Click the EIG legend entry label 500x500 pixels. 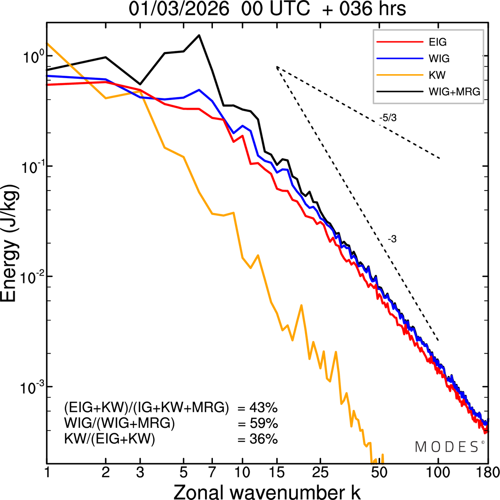click(x=437, y=42)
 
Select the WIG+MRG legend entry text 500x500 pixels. click(x=454, y=92)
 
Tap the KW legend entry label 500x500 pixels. click(x=437, y=75)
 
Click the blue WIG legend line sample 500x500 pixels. click(x=400, y=59)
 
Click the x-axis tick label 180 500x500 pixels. click(x=487, y=472)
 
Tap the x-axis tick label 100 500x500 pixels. click(x=438, y=472)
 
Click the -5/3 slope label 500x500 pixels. click(x=388, y=118)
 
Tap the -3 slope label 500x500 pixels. click(x=392, y=239)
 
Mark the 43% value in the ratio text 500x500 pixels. click(x=263, y=408)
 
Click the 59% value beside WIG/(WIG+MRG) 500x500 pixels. click(x=263, y=423)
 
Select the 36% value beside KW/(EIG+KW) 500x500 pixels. click(x=263, y=439)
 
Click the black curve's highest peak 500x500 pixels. click(x=199, y=35)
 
